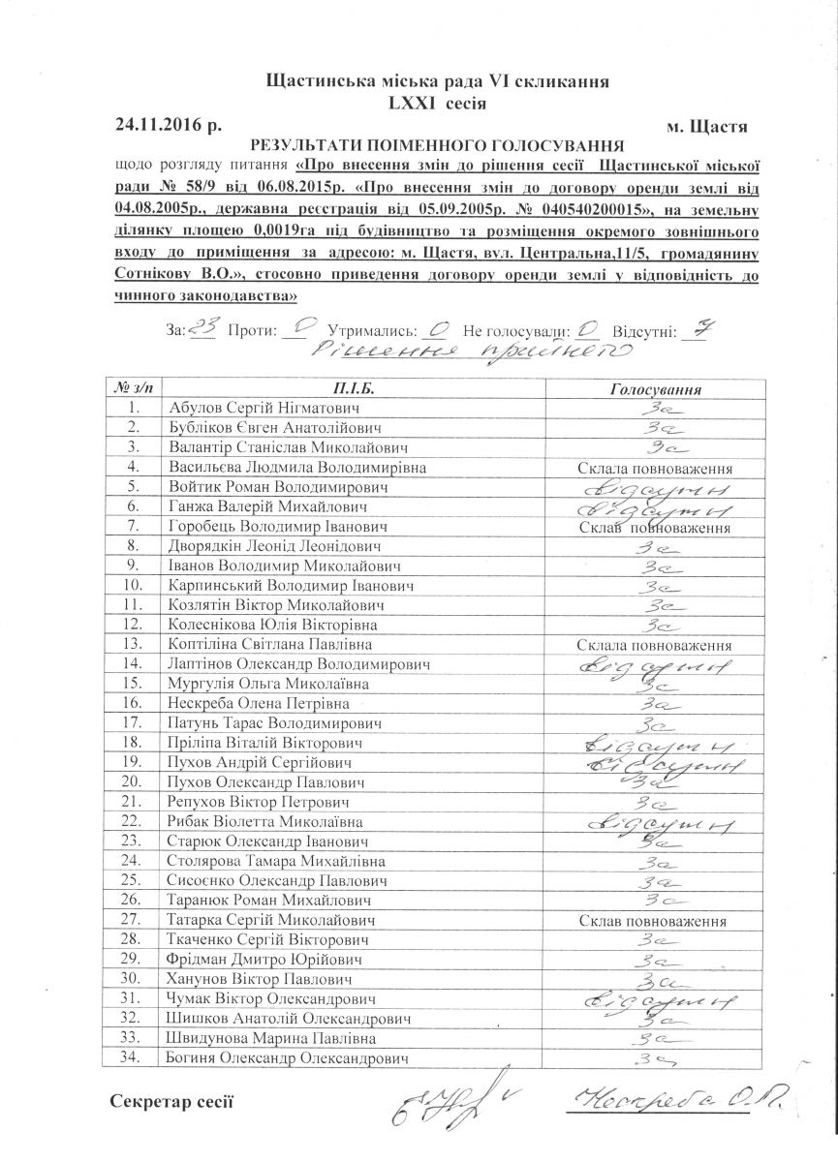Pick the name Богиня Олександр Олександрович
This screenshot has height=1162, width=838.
coord(287,1058)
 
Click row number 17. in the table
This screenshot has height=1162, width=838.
coord(133,723)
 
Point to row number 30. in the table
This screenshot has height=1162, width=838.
coord(133,979)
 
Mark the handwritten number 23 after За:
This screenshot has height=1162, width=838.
coord(203,328)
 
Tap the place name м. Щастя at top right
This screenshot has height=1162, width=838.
coord(707,126)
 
